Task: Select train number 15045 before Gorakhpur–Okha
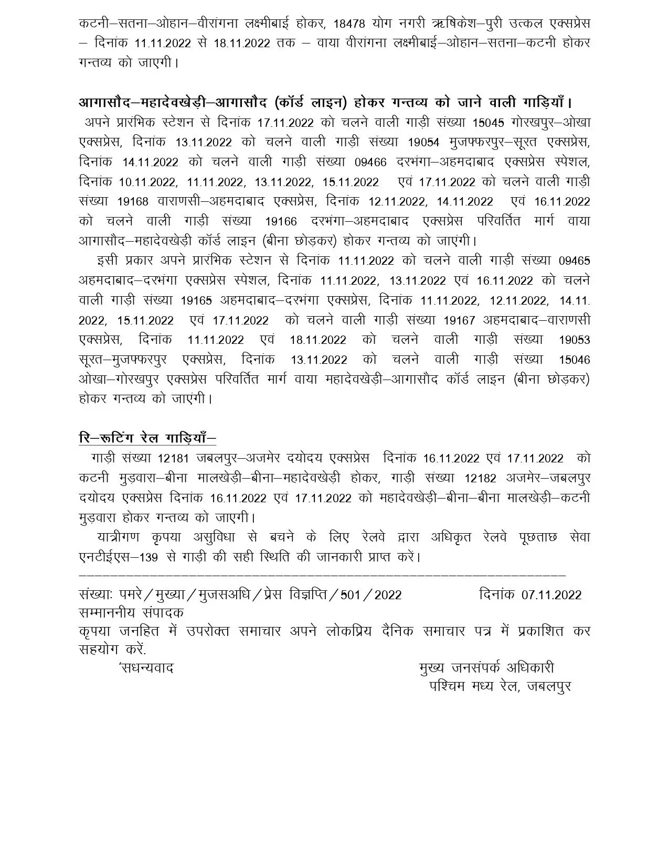[x=488, y=123]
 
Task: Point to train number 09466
[x=371, y=163]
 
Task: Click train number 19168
[x=133, y=202]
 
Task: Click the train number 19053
[x=574, y=340]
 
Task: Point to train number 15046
[x=574, y=360]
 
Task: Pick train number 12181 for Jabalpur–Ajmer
[x=174, y=458]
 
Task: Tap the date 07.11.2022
[x=551, y=594]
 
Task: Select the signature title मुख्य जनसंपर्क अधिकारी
[x=486, y=668]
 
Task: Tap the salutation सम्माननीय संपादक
[x=131, y=612]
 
